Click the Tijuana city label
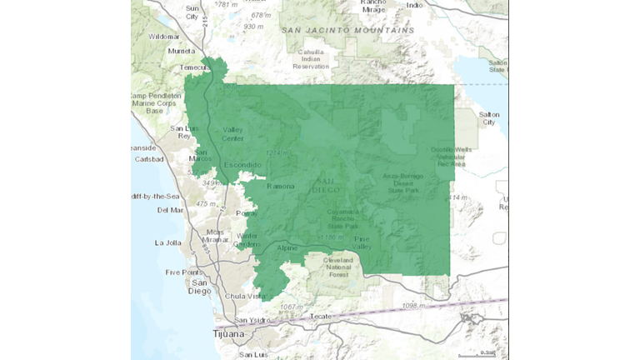(x=229, y=334)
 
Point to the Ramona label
(x=281, y=186)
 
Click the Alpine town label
(x=287, y=248)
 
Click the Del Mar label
(x=171, y=210)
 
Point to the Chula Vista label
(x=244, y=296)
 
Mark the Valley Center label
(x=233, y=134)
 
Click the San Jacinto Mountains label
(x=347, y=30)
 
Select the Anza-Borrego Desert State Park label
(x=403, y=183)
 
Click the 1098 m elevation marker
(x=413, y=306)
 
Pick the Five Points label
(x=183, y=272)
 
